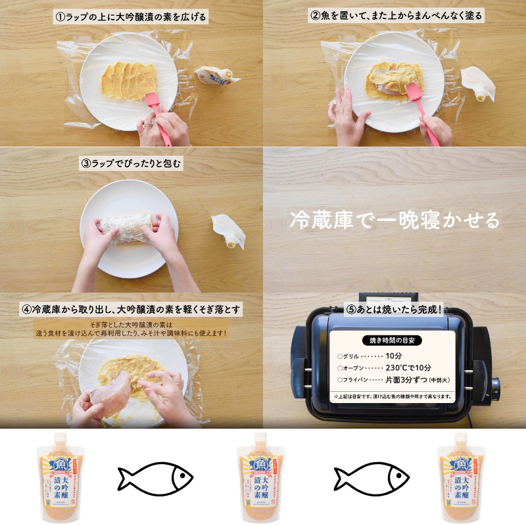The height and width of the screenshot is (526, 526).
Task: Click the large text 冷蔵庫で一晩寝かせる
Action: pos(394,220)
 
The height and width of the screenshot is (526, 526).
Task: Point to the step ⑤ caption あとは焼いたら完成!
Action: pos(394,308)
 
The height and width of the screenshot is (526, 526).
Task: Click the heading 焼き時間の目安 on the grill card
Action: pos(393,340)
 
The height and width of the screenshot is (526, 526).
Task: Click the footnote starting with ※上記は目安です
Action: pos(393,396)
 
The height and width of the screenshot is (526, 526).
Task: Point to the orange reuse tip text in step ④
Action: pos(131,329)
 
